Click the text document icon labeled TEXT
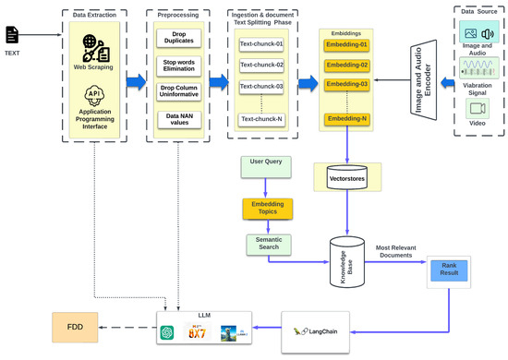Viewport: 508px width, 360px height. (12, 35)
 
